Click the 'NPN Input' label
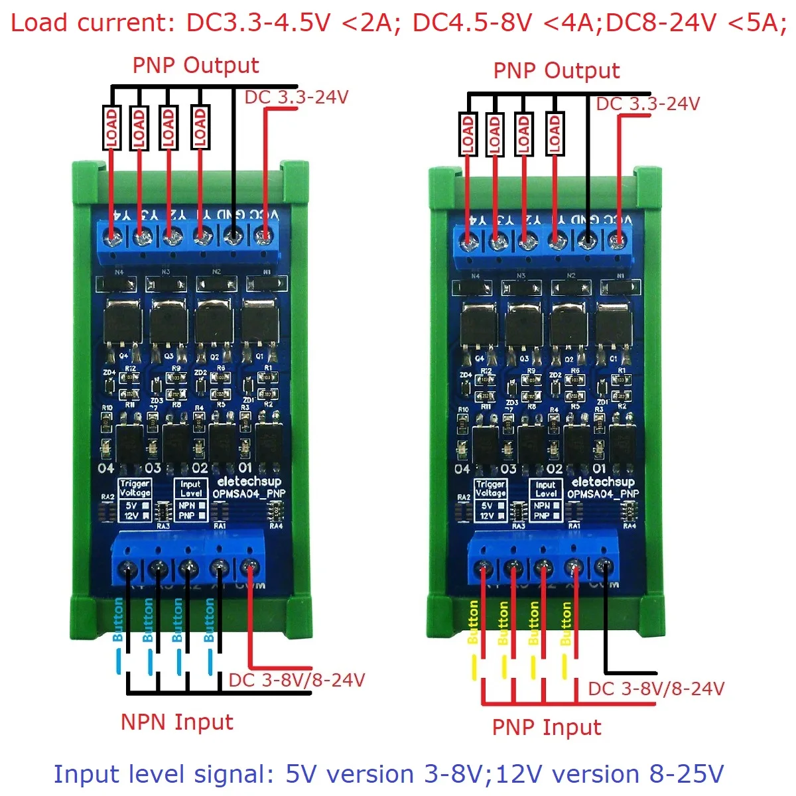176,722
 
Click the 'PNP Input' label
546,727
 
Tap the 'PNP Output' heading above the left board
196,66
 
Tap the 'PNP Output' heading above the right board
556,71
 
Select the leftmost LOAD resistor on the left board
111,128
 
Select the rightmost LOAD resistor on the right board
555,135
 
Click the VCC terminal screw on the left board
265,235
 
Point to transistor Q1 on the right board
614,326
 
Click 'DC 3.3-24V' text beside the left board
296,98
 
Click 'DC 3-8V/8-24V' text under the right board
655,689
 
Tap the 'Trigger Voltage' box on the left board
135,499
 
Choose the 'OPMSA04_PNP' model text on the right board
602,494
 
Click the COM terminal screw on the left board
249,568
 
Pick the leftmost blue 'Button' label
118,620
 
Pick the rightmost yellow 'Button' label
566,624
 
